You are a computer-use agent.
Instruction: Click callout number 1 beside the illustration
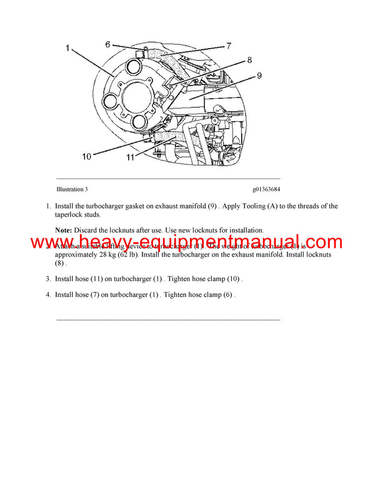coord(67,47)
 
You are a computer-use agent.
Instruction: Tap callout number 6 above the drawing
coord(107,44)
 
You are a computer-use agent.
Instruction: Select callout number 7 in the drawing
coord(229,46)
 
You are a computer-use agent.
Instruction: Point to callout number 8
coord(249,61)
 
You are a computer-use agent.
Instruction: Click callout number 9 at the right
coord(258,77)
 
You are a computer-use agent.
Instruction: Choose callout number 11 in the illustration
coord(130,157)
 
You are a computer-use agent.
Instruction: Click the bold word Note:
coord(63,230)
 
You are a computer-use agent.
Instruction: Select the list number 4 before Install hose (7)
coord(48,294)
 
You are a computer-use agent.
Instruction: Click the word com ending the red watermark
coord(321,243)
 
